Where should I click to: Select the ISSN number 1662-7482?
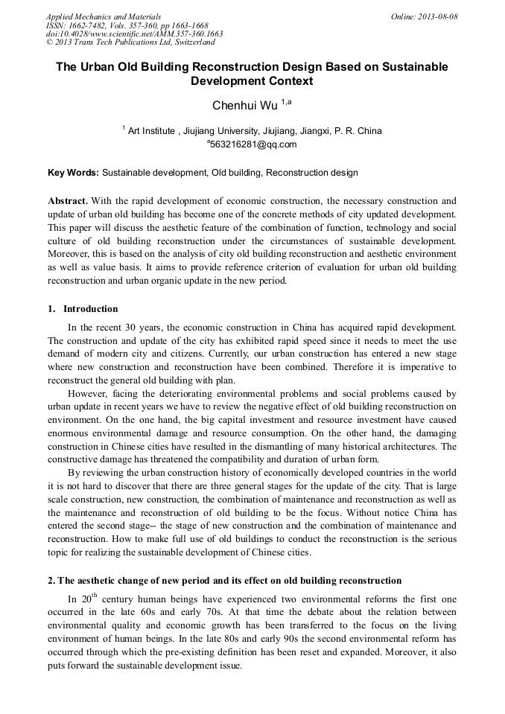[x=90, y=25]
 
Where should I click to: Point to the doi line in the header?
[x=134, y=34]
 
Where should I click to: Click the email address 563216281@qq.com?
[x=254, y=144]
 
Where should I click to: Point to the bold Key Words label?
[x=73, y=173]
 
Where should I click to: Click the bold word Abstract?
[x=68, y=202]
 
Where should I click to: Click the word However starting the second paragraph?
[x=87, y=393]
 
